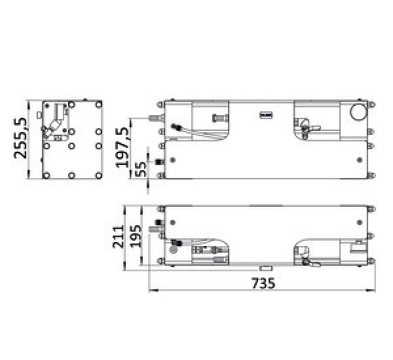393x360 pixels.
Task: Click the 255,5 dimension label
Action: [x=21, y=138]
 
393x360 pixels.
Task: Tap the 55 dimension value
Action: [x=139, y=168]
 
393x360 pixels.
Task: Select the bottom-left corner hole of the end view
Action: [x=46, y=175]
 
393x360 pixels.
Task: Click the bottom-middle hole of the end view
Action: [x=71, y=175]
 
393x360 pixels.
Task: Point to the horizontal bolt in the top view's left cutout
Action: [x=219, y=118]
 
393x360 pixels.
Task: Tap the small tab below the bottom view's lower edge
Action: [x=265, y=268]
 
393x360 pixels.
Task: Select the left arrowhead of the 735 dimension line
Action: [x=152, y=289]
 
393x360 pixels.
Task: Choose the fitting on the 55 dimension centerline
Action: [x=157, y=161]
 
